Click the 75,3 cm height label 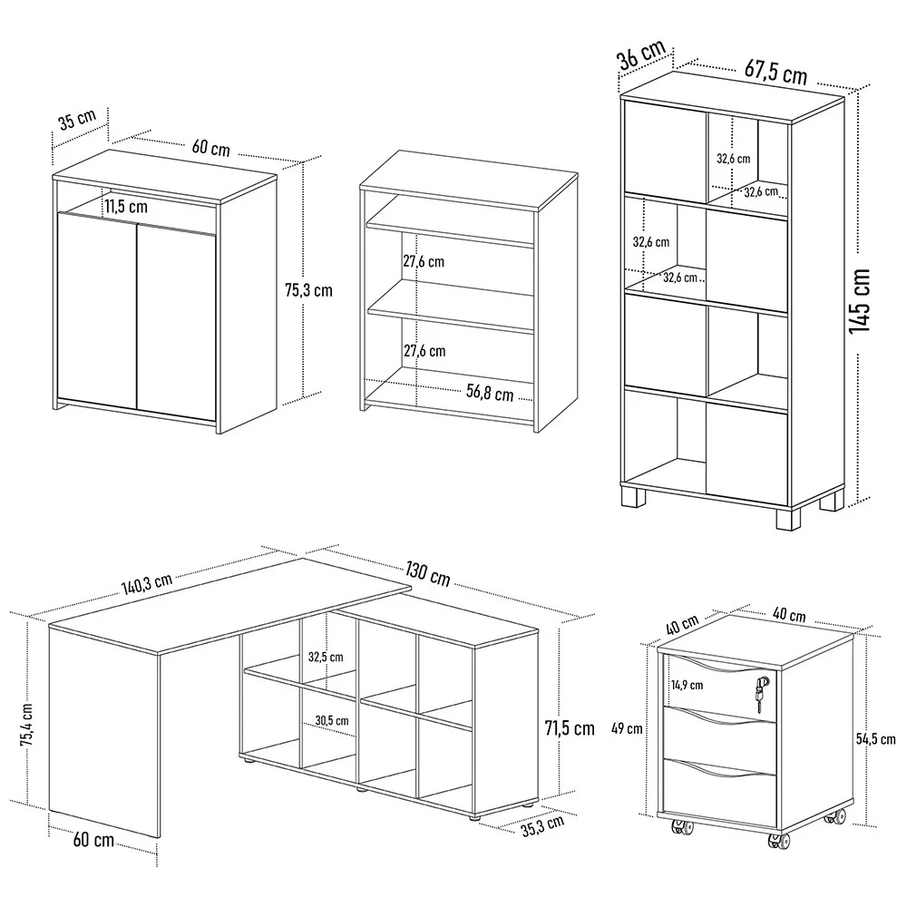(308, 290)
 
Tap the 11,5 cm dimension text (125, 206)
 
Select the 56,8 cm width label (490, 394)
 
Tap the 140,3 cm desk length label (148, 580)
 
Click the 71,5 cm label (569, 728)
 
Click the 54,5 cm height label (877, 738)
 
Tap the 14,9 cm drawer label (692, 685)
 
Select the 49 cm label (628, 727)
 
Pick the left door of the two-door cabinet (95, 308)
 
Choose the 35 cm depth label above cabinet (76, 121)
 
